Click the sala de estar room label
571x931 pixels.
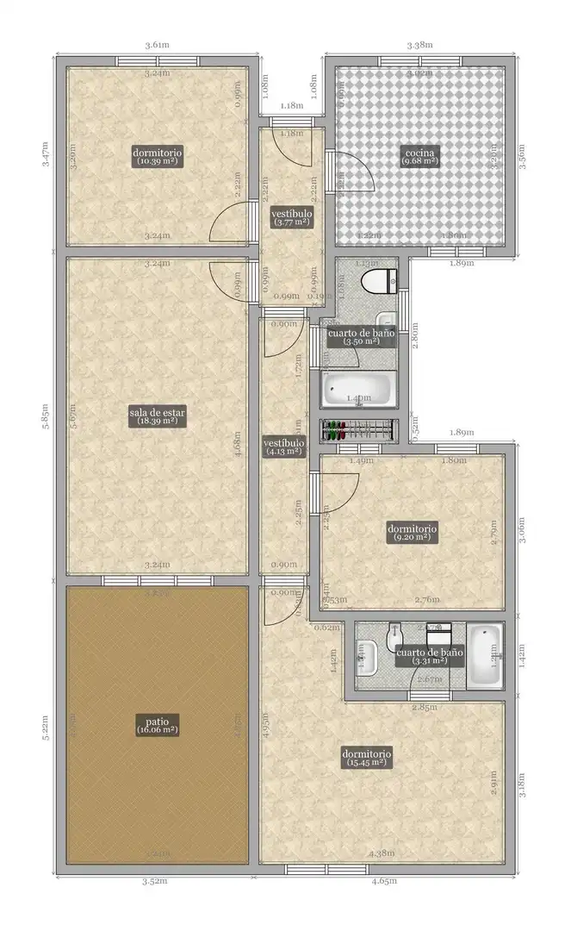point(158,417)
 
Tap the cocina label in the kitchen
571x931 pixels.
point(421,156)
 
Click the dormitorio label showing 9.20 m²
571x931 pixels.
point(412,532)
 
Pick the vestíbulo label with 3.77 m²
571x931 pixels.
point(292,216)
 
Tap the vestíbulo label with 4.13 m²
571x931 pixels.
point(282,445)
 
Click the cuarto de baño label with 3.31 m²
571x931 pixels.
point(429,657)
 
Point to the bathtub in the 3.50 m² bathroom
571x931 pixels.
point(358,390)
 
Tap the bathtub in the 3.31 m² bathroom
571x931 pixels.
point(485,658)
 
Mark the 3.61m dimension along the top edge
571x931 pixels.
point(156,44)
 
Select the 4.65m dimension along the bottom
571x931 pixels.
point(383,882)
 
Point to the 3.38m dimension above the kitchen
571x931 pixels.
point(419,44)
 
